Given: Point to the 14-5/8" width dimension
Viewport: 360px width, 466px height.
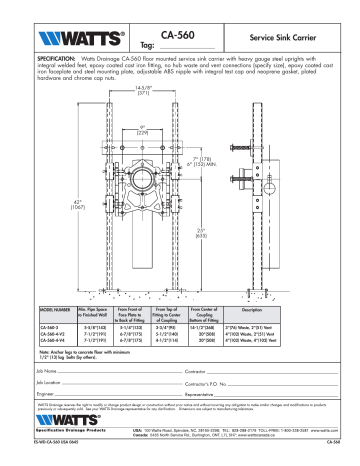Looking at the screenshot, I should click(x=142, y=90).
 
